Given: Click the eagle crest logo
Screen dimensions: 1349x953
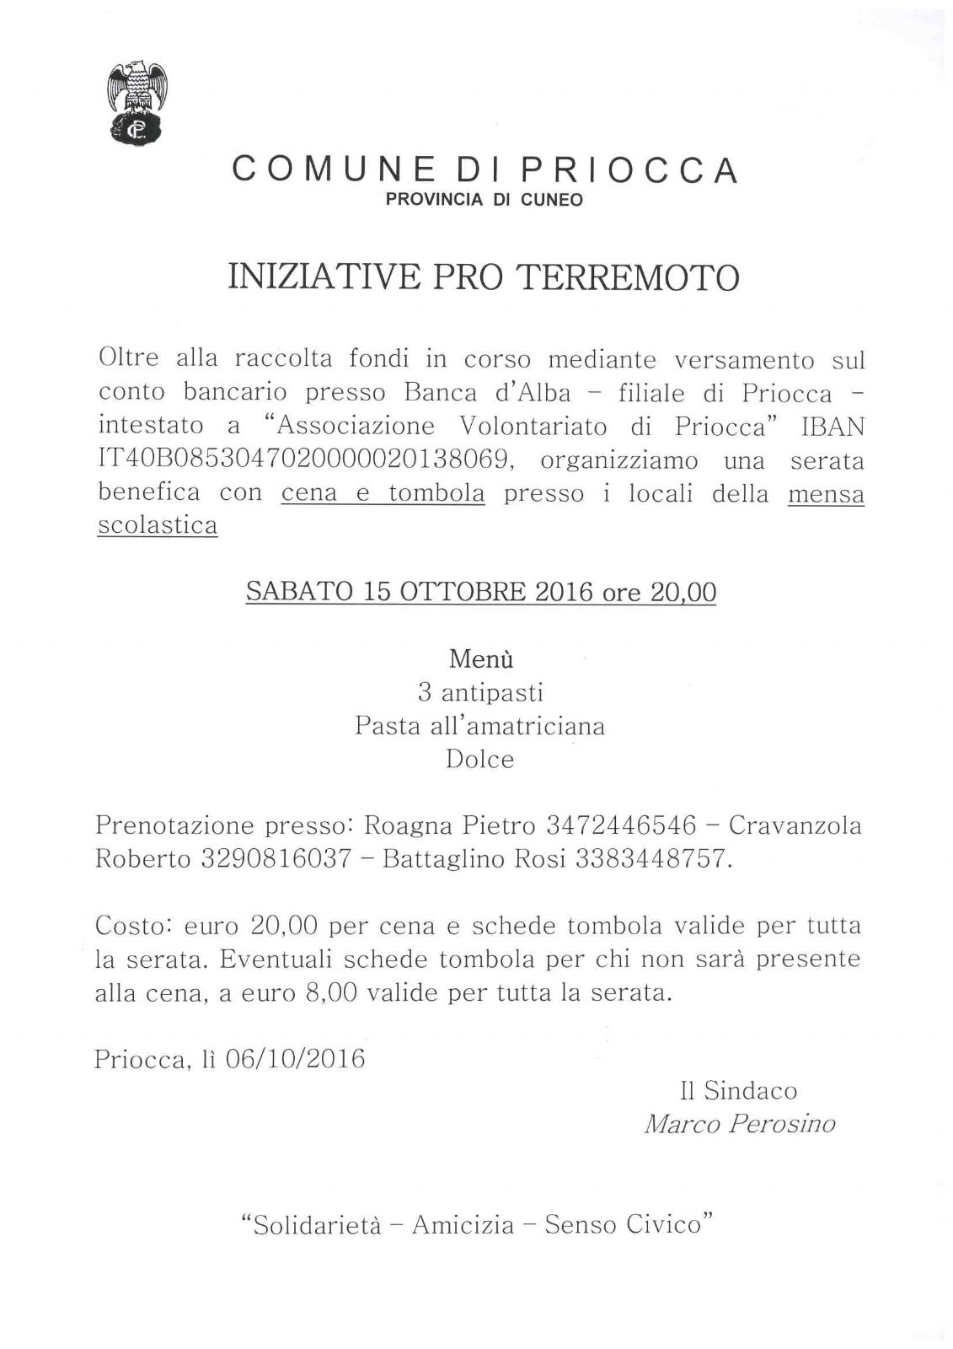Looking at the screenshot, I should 137,101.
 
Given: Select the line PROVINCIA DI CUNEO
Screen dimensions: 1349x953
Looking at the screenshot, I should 484,201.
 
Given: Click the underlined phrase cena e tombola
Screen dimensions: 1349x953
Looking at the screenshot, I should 383,493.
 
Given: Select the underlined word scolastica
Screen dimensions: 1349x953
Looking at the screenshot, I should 158,525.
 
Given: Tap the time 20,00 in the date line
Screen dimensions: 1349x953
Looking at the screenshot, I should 683,592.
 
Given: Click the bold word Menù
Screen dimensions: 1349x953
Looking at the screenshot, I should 481,658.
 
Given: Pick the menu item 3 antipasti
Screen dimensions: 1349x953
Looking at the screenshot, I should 480,692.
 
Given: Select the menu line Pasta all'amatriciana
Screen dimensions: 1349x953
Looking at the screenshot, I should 479,726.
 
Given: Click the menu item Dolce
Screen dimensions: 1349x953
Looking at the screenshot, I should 479,759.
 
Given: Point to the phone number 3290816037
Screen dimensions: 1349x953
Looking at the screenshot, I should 276,858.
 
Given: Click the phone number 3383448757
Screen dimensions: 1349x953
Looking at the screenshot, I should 650,858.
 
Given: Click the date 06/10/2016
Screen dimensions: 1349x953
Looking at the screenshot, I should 295,1058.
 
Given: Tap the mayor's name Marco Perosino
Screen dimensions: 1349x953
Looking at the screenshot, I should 739,1124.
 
